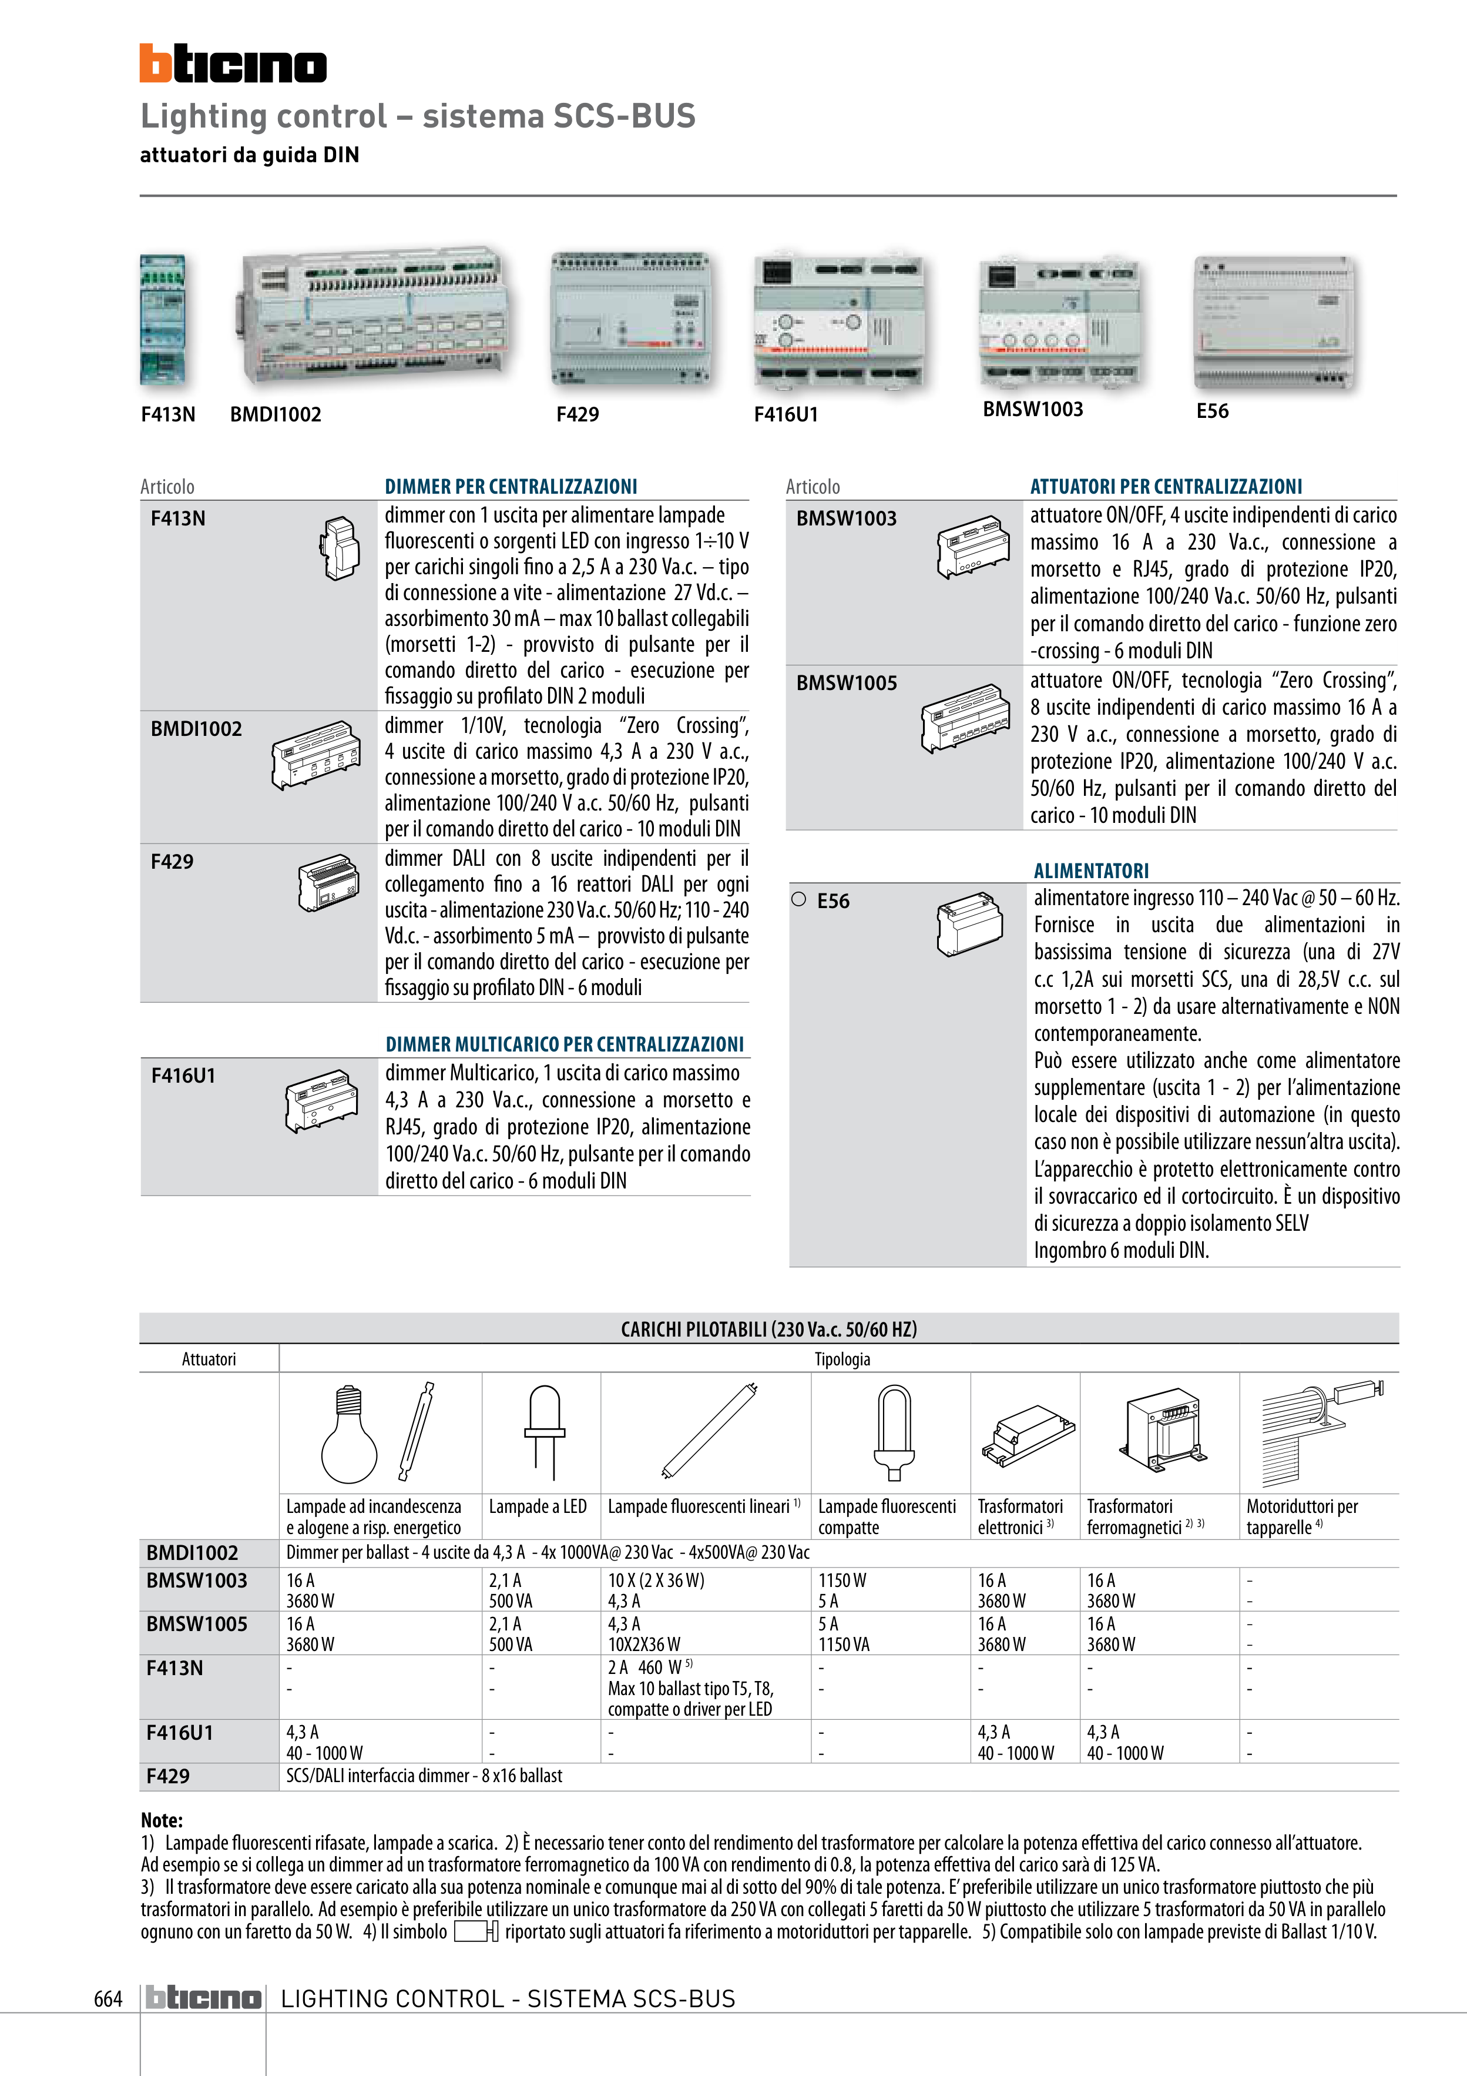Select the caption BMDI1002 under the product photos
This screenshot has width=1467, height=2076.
(x=276, y=414)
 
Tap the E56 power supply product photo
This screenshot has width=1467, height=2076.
(x=1274, y=322)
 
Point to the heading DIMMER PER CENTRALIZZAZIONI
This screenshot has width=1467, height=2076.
(x=511, y=487)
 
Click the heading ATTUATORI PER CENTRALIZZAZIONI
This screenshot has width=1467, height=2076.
(x=1166, y=487)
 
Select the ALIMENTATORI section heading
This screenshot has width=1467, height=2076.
(x=1091, y=870)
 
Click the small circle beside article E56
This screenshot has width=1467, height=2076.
(x=798, y=900)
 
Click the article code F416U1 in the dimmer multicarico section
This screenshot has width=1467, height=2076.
(x=183, y=1075)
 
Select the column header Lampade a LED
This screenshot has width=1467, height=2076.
(x=538, y=1506)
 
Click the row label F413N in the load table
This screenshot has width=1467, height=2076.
(x=174, y=1668)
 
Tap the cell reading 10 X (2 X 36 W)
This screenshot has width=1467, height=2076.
(x=655, y=1581)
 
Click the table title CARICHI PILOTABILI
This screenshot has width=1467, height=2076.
(x=768, y=1329)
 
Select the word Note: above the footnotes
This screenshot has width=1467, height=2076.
(x=162, y=1820)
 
